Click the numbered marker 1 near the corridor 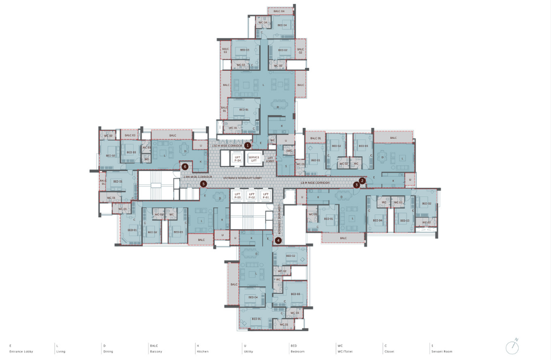pos(248,146)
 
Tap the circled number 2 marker pos(362,181)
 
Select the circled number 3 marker pos(356,185)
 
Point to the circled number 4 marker pos(278,240)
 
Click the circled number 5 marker pos(203,184)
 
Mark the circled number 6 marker pos(185,166)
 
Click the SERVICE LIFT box pos(254,158)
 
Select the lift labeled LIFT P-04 pos(237,158)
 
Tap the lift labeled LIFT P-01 pos(265,196)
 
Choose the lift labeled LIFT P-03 pos(237,196)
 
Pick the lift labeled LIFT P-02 pos(252,196)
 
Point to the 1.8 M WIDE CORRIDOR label pos(315,183)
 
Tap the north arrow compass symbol pos(512,347)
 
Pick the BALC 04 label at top pos(279,11)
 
